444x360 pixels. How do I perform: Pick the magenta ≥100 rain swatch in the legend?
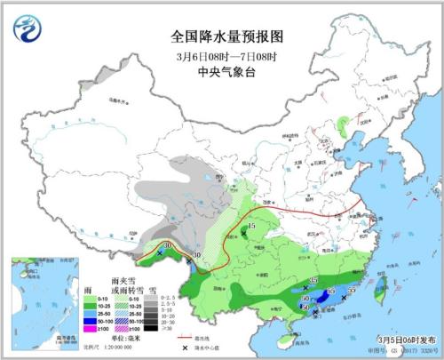pos(89,330)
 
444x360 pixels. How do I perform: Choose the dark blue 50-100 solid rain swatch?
pos(89,322)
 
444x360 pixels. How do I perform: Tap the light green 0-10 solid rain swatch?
pos(89,298)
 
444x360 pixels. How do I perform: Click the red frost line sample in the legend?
pos(186,339)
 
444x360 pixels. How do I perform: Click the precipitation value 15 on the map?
pos(252,228)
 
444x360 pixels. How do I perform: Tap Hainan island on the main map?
pos(286,336)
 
